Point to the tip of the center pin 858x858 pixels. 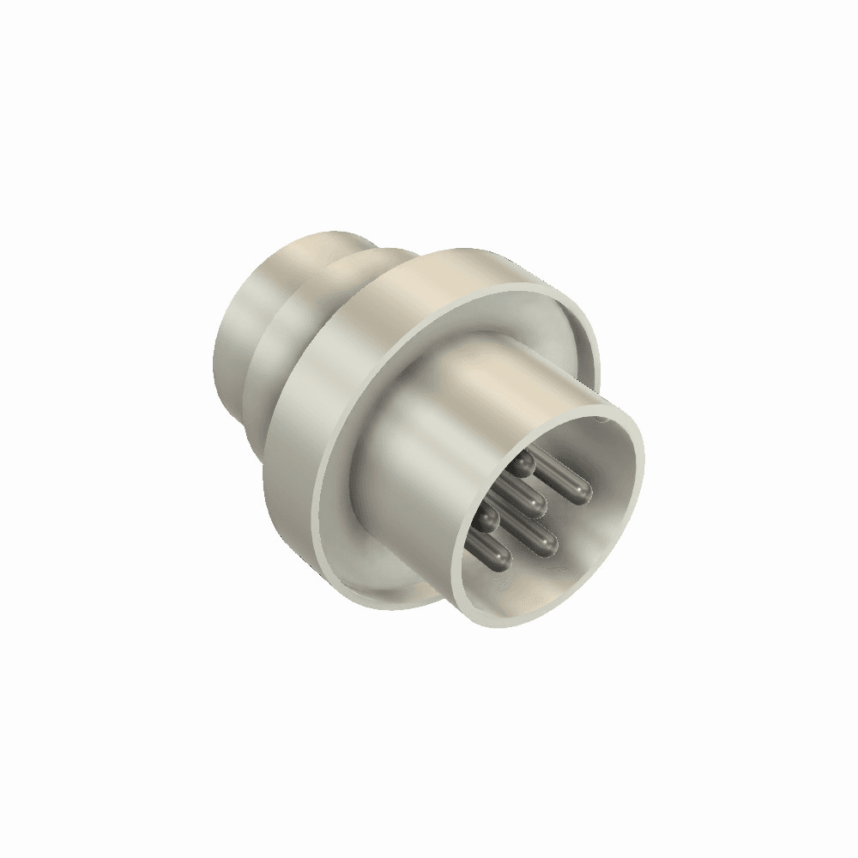536,506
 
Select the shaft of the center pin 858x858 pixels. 515,495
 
